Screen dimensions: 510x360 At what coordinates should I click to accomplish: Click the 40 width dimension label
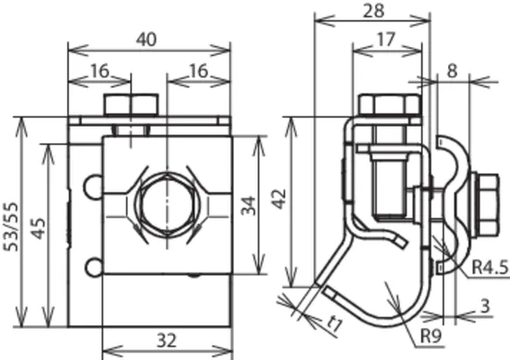(147, 39)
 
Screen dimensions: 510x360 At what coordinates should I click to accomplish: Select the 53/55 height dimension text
(12, 226)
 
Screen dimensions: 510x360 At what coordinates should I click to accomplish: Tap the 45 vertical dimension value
(38, 229)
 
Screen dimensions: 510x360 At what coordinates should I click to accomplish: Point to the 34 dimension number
(250, 205)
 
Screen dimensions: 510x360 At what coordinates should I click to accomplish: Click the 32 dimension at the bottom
(167, 341)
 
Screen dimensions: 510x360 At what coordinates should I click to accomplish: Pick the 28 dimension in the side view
(374, 10)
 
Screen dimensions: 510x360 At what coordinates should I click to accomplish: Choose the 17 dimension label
(386, 39)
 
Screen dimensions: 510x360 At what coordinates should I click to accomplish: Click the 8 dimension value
(452, 71)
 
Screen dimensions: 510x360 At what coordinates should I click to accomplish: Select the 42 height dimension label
(279, 199)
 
